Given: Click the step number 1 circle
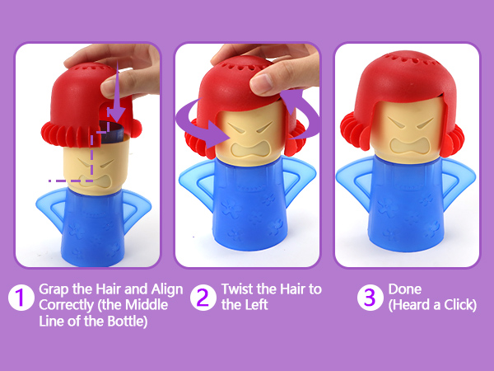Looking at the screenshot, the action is (x=21, y=297).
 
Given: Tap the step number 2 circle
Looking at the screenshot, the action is (x=203, y=297).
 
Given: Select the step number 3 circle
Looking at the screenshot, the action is (x=370, y=297).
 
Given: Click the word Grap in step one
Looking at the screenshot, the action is (x=54, y=290).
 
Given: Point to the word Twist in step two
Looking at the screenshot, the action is (x=237, y=289).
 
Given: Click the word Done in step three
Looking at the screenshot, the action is (x=405, y=289).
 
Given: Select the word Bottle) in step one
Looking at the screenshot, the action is (x=128, y=322).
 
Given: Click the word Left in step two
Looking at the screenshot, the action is (x=255, y=305).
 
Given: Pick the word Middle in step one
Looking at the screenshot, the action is (x=147, y=305).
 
